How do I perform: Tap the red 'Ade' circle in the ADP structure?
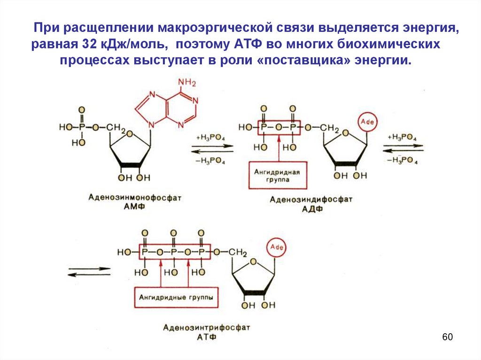(367, 122)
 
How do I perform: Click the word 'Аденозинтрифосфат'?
(207, 327)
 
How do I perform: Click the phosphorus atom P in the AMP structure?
(82, 127)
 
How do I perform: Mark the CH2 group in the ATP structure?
(238, 253)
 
